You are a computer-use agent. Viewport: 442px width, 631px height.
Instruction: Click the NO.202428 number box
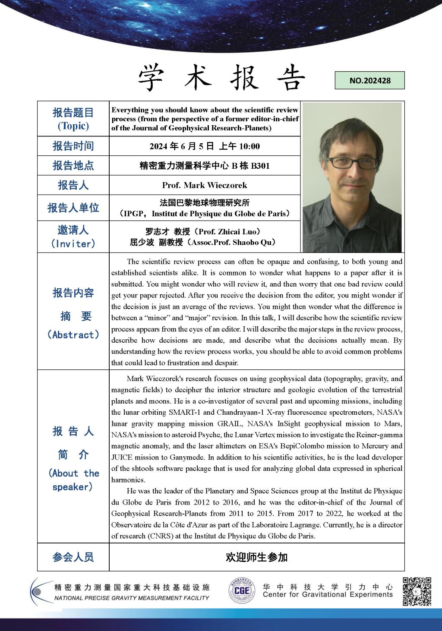[369, 80]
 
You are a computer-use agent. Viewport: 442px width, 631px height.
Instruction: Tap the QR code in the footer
[417, 591]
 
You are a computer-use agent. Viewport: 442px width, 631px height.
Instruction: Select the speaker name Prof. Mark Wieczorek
[205, 185]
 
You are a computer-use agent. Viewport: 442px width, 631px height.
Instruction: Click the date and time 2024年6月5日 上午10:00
[205, 146]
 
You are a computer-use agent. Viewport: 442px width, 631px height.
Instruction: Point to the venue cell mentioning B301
[205, 166]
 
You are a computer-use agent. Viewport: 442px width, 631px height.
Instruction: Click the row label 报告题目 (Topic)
[73, 119]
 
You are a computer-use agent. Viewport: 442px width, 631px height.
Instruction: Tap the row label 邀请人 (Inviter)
[73, 237]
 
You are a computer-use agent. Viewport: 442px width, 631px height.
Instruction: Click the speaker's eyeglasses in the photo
[349, 163]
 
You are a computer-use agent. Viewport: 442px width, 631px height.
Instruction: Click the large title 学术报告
[221, 78]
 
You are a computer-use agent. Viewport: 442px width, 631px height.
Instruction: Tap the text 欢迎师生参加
[256, 557]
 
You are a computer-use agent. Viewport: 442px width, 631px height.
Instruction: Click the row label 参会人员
[73, 557]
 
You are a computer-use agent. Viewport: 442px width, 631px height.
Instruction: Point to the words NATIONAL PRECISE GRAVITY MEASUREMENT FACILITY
[132, 598]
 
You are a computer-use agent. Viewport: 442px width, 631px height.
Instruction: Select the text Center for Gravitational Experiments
[328, 595]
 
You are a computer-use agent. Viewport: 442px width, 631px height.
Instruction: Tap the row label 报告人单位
[73, 208]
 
